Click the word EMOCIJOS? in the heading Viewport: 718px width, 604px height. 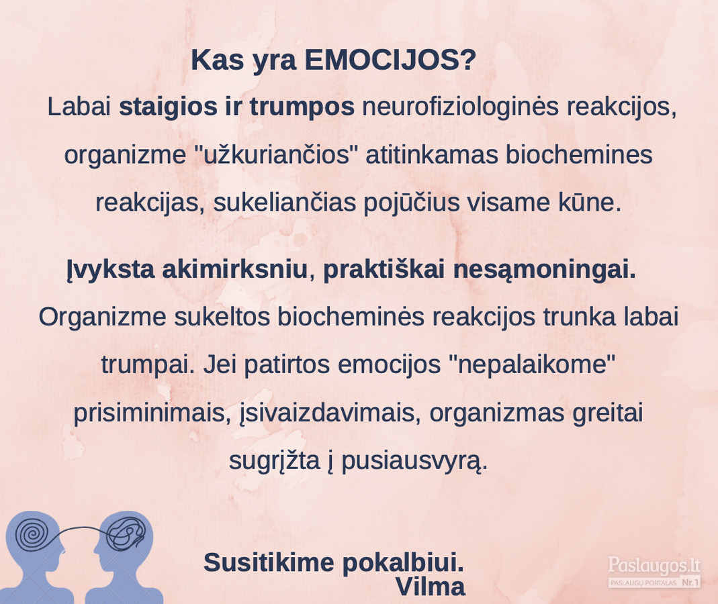pyautogui.click(x=391, y=60)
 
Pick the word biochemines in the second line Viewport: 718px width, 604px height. pyautogui.click(x=579, y=154)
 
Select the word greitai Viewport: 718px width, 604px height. pyautogui.click(x=608, y=413)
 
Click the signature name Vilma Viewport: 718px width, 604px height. pyautogui.click(x=431, y=587)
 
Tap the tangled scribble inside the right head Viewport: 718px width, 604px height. pyautogui.click(x=126, y=534)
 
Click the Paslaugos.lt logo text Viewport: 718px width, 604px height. pyautogui.click(x=654, y=565)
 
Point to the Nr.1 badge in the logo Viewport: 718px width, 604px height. pyautogui.click(x=690, y=583)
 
